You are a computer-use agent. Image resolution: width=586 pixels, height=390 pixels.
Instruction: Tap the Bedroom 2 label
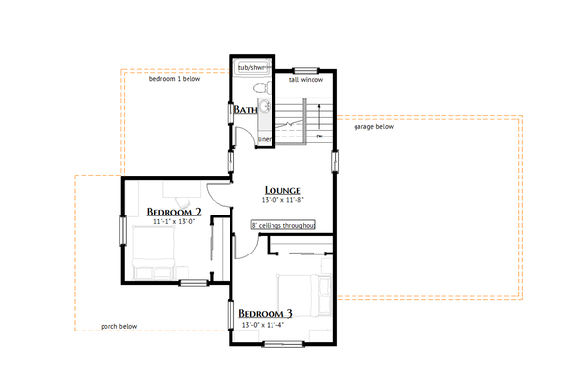click(174, 212)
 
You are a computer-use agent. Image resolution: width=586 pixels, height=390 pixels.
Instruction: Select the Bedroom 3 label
click(266, 314)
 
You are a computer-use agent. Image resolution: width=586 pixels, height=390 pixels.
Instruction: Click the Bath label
click(244, 111)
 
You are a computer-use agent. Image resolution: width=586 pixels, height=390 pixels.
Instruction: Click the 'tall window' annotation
click(307, 80)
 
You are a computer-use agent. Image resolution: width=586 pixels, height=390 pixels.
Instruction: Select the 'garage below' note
click(373, 126)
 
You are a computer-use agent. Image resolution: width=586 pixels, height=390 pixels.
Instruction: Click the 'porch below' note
click(118, 327)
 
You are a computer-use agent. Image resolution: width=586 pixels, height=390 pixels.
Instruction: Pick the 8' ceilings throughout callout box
click(283, 224)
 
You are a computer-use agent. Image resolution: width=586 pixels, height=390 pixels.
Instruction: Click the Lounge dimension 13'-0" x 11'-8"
click(283, 200)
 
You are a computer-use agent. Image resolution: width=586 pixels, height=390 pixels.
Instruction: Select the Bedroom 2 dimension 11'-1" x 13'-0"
click(175, 221)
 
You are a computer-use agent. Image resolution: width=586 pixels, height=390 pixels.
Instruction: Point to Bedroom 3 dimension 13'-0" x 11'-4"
click(267, 324)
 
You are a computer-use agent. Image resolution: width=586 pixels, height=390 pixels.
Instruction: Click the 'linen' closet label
click(264, 139)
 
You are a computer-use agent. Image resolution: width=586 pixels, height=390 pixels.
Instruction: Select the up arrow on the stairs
click(319, 136)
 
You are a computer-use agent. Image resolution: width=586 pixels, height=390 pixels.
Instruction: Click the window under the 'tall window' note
click(307, 70)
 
